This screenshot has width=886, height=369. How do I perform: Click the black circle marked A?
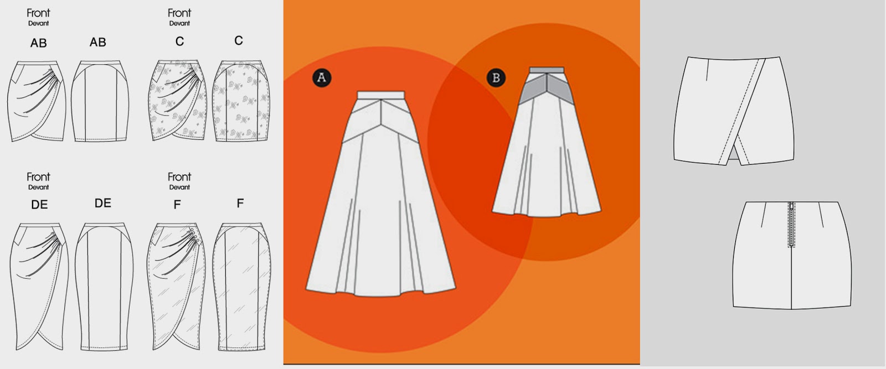click(x=322, y=77)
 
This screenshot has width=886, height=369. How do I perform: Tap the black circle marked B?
click(x=496, y=77)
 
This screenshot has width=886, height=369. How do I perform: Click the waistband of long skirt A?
click(x=381, y=95)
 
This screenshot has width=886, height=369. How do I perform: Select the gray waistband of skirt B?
click(x=547, y=70)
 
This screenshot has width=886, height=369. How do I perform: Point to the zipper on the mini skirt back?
click(x=792, y=224)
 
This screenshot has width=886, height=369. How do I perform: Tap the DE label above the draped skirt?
click(x=39, y=205)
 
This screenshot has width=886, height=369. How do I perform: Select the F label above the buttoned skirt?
click(x=177, y=205)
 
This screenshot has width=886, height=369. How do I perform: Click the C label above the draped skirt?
click(x=179, y=41)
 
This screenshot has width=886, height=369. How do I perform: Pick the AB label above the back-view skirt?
click(x=98, y=42)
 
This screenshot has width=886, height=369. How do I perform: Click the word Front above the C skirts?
click(x=179, y=13)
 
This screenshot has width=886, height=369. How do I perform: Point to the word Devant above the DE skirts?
click(x=39, y=188)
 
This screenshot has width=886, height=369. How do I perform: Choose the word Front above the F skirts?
click(x=179, y=177)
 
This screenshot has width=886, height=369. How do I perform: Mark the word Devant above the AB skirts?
click(x=39, y=24)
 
